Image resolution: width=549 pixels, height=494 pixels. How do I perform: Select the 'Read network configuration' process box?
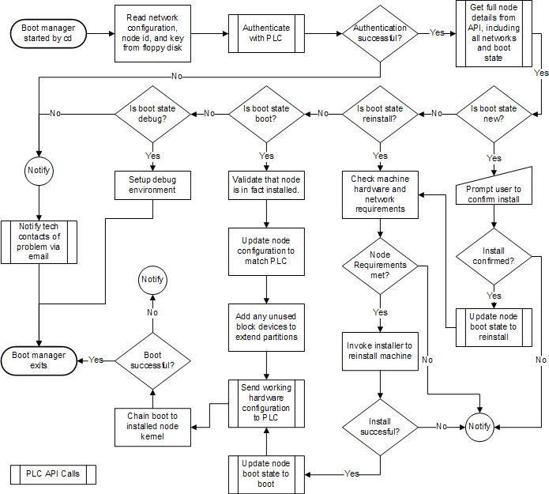[x=152, y=34]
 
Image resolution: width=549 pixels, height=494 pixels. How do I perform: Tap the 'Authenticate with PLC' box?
[x=266, y=34]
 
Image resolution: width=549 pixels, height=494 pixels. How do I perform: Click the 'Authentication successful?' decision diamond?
[x=380, y=34]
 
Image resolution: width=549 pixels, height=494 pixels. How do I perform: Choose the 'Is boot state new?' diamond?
[x=494, y=114]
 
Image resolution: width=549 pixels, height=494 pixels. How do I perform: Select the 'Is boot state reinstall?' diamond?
[x=380, y=114]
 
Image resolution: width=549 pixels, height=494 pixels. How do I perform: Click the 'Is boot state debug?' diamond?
[x=152, y=114]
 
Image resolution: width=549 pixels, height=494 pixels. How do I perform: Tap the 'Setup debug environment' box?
[x=152, y=185]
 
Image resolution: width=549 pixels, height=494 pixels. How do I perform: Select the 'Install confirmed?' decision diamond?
[x=494, y=253]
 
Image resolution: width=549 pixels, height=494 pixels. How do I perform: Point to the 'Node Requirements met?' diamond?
[x=380, y=265]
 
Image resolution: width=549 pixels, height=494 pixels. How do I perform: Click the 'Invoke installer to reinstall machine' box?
[x=380, y=350]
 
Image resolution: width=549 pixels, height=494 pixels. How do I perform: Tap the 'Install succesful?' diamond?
[x=380, y=427]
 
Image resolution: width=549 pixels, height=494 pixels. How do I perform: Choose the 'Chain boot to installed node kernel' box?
[x=152, y=421]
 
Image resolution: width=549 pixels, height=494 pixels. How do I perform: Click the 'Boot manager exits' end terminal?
[x=39, y=360]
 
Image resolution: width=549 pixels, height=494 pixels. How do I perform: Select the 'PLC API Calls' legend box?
[x=54, y=474]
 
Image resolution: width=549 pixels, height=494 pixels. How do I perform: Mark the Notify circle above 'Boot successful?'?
[x=152, y=280]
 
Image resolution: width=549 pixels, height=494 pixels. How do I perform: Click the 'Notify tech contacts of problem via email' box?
[x=39, y=241]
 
